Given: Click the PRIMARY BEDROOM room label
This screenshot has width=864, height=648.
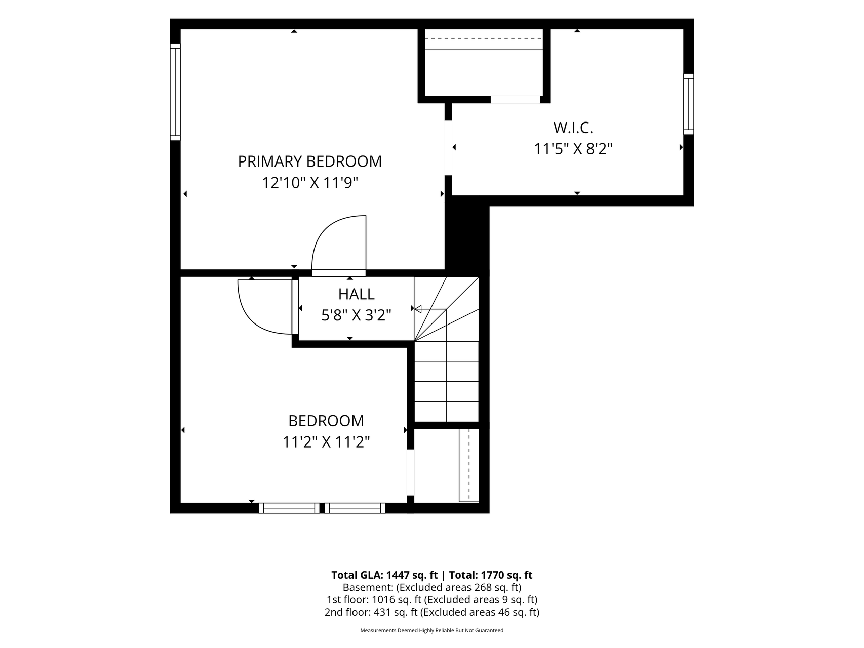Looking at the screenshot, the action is pyautogui.click(x=310, y=161).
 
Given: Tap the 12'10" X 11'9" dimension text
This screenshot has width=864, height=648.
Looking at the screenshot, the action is pyautogui.click(x=310, y=183).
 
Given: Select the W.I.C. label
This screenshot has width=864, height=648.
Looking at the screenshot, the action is pyautogui.click(x=573, y=127).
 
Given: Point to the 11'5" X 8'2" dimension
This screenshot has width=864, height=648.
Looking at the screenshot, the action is pyautogui.click(x=573, y=149).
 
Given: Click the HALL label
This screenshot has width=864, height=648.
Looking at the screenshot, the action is pyautogui.click(x=357, y=294).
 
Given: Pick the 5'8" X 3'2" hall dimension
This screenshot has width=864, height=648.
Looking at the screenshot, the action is pyautogui.click(x=357, y=316).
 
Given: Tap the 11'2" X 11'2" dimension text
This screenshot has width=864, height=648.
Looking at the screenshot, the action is pyautogui.click(x=326, y=442).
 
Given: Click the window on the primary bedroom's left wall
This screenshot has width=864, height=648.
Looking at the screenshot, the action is pyautogui.click(x=175, y=92).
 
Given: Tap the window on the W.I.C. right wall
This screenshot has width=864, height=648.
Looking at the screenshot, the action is pyautogui.click(x=689, y=104).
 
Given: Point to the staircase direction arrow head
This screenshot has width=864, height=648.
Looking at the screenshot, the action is pyautogui.click(x=418, y=309).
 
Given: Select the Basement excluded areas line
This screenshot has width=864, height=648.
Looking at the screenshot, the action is pyautogui.click(x=432, y=588).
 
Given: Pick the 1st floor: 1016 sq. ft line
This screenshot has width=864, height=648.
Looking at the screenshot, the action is pyautogui.click(x=432, y=600).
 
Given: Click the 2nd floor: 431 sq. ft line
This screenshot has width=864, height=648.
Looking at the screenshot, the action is pyautogui.click(x=432, y=612).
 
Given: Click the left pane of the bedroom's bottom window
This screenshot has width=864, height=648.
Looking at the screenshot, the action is pyautogui.click(x=289, y=508).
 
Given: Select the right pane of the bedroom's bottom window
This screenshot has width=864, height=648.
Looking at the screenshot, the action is pyautogui.click(x=355, y=508).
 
